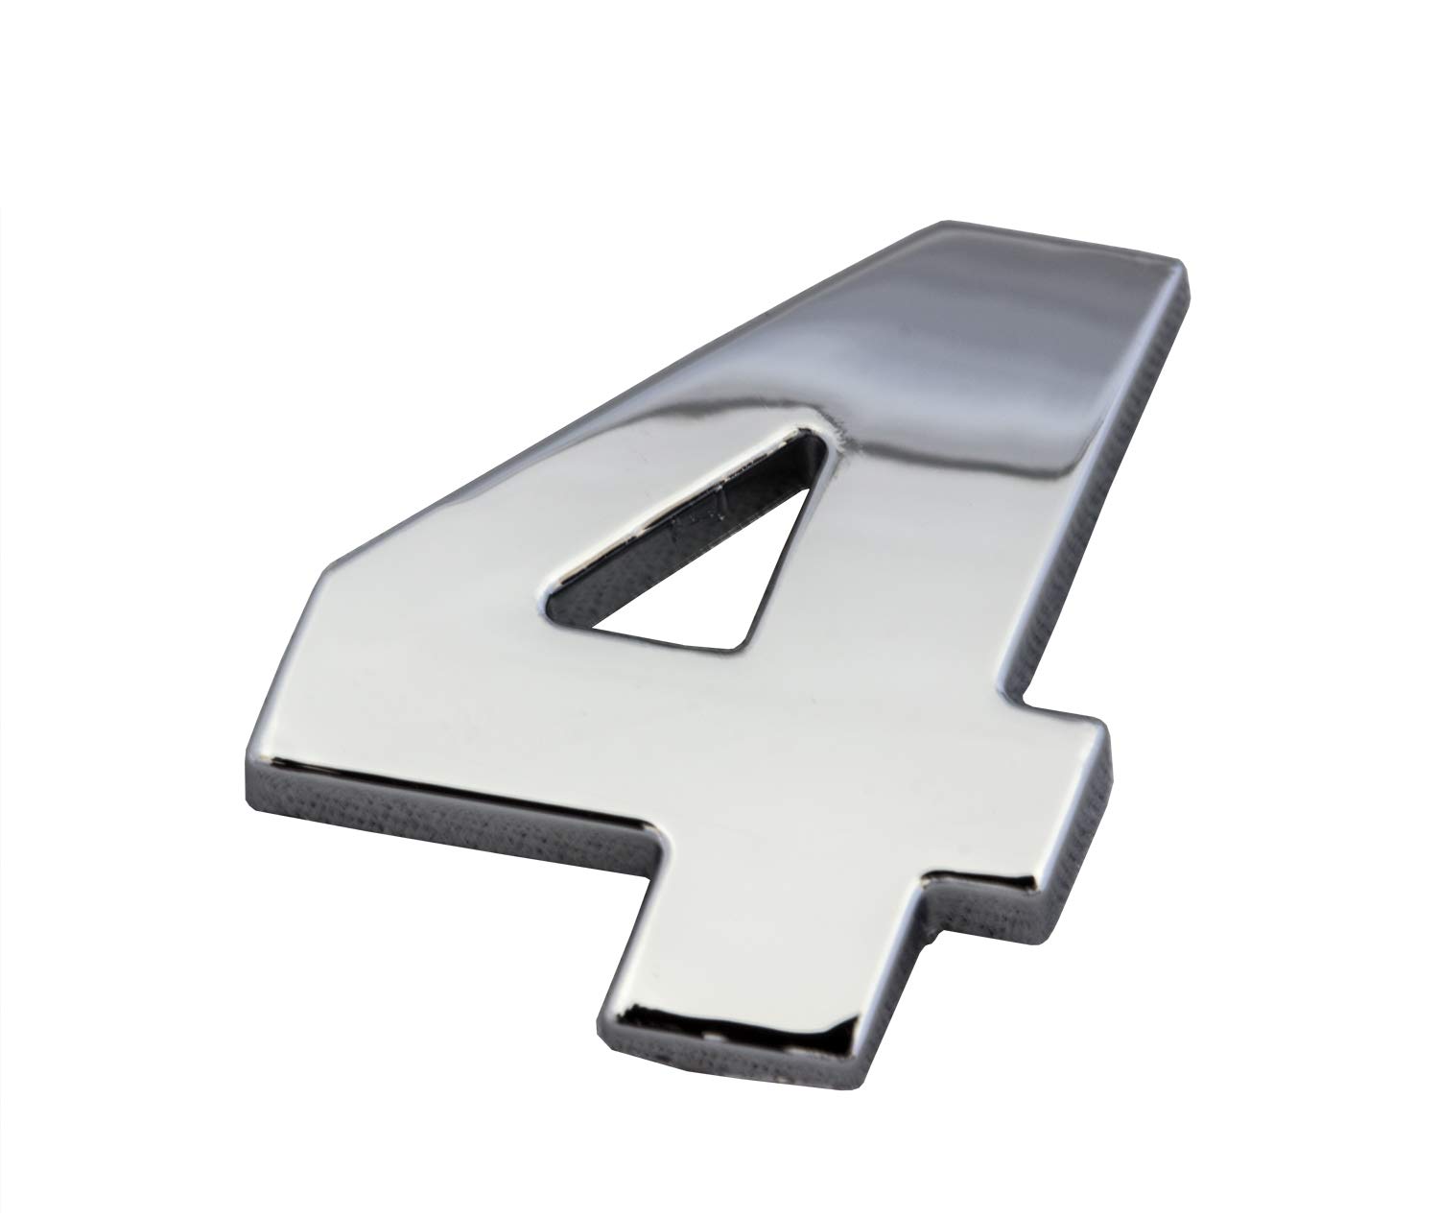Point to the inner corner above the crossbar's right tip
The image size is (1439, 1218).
click(1017, 701)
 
